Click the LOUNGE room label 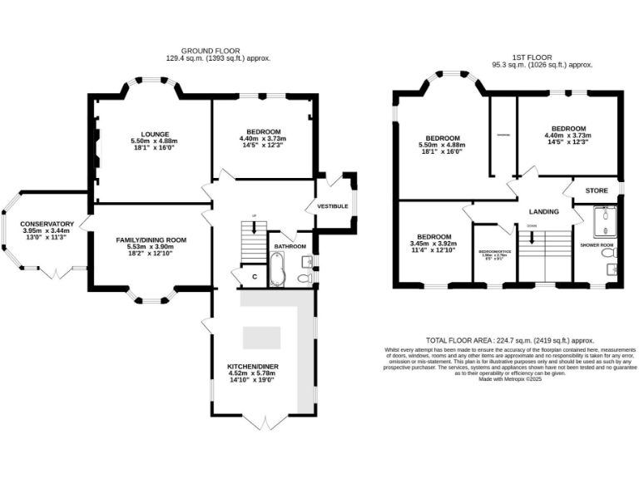(x=155, y=134)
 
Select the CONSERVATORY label (x=47, y=224)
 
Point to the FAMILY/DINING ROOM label (x=151, y=239)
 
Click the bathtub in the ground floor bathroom (x=279, y=269)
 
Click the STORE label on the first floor (x=597, y=191)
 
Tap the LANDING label (x=543, y=212)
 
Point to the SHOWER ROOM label (x=596, y=245)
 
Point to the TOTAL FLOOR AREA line (x=509, y=341)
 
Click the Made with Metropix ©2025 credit (x=509, y=379)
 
